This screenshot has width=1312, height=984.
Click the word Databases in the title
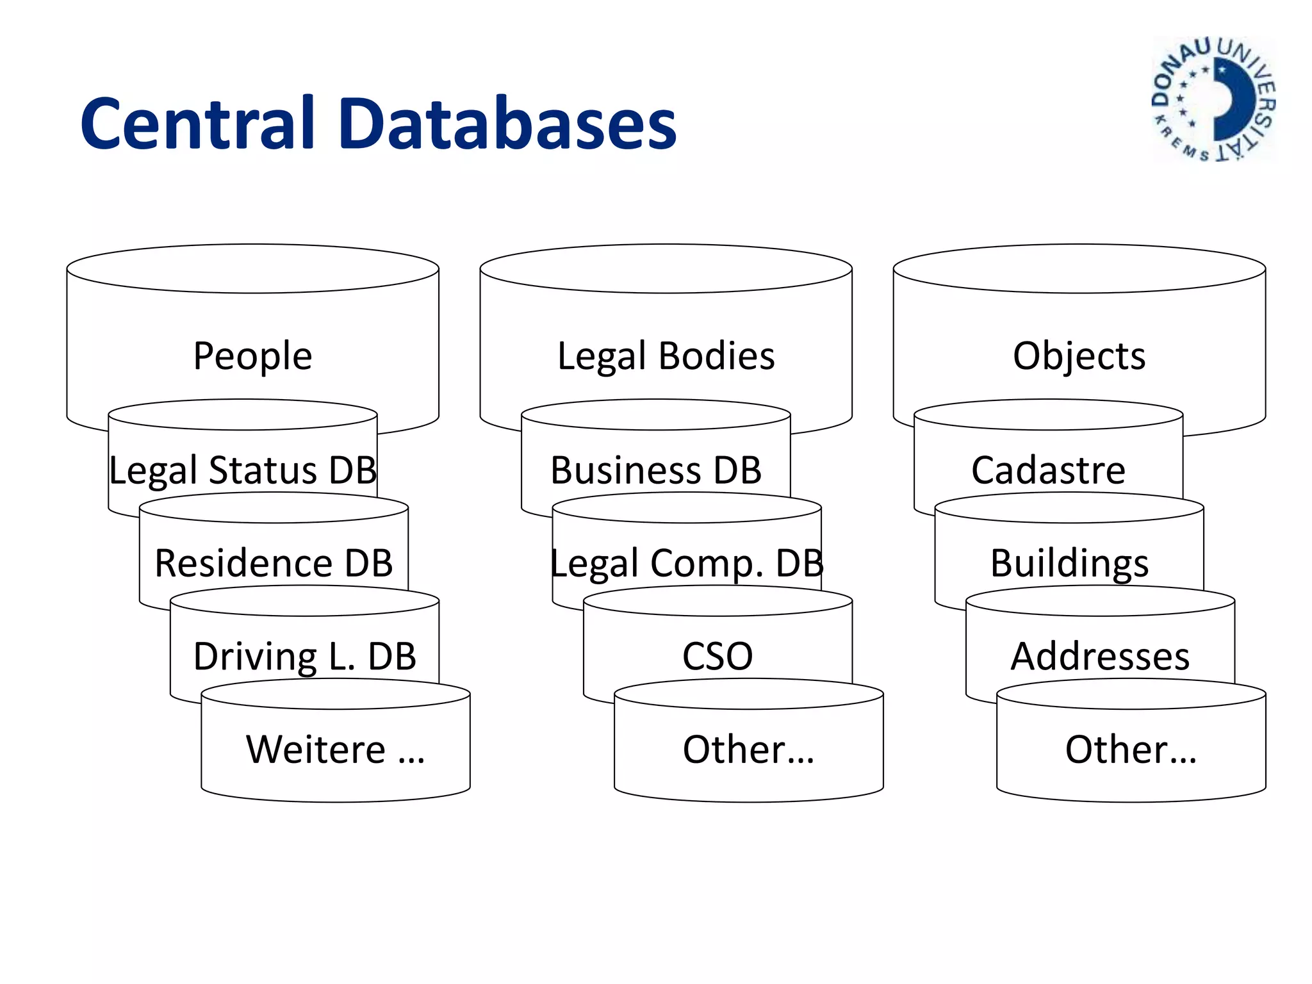(x=509, y=124)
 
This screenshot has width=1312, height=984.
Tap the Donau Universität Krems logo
(x=1213, y=99)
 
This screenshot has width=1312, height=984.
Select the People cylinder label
(x=252, y=356)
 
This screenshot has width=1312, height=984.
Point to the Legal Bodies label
(x=666, y=356)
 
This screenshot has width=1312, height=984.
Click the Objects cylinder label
(x=1079, y=356)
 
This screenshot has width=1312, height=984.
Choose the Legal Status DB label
(x=243, y=470)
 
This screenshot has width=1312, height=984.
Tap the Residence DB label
(x=274, y=564)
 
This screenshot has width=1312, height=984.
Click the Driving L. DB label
(x=305, y=657)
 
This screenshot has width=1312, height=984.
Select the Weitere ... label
(x=336, y=750)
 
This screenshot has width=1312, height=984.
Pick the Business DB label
(x=656, y=470)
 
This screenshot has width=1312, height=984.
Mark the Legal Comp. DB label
(x=687, y=564)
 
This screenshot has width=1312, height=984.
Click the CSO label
(x=717, y=657)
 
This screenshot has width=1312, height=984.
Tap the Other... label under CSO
(x=748, y=750)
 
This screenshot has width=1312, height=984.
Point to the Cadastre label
(x=1048, y=470)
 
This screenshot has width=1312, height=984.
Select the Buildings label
(x=1069, y=564)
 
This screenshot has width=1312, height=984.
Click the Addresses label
(x=1100, y=657)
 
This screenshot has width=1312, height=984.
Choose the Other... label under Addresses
(x=1131, y=750)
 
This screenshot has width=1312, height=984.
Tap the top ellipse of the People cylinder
(x=252, y=268)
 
